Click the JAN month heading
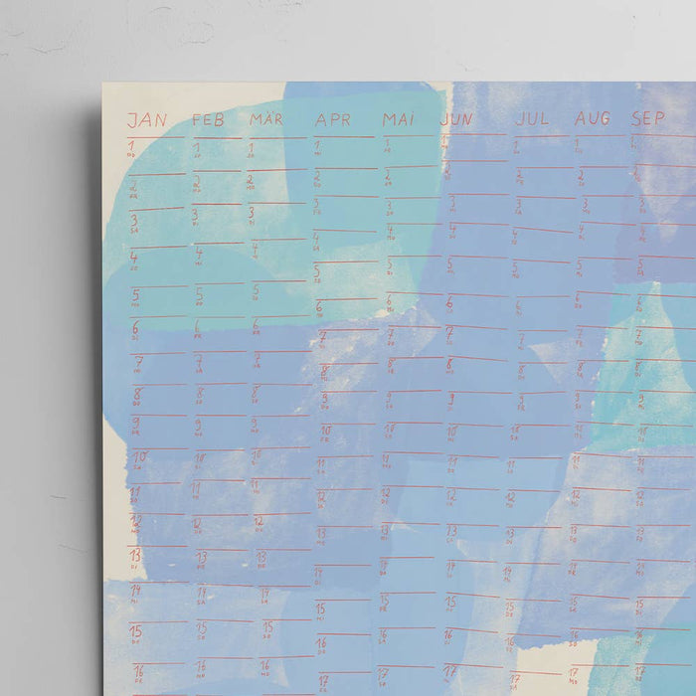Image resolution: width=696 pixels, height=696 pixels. (x=147, y=120)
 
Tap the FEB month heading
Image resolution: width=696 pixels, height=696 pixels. (x=208, y=120)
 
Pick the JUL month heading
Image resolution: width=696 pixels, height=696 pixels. (x=532, y=118)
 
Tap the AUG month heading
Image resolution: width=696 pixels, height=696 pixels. (x=592, y=118)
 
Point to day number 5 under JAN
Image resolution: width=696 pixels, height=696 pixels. (x=134, y=295)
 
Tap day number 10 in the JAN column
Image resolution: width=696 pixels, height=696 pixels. (x=139, y=457)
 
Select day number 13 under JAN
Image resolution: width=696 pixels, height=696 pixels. (x=135, y=555)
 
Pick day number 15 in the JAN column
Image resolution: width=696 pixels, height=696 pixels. (x=135, y=630)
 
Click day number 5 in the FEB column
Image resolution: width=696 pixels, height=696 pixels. (x=198, y=294)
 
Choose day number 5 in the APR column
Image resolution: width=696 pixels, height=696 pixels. (x=317, y=269)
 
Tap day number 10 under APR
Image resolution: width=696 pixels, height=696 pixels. (x=325, y=432)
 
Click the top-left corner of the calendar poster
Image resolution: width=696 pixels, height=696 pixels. (x=102, y=83)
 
